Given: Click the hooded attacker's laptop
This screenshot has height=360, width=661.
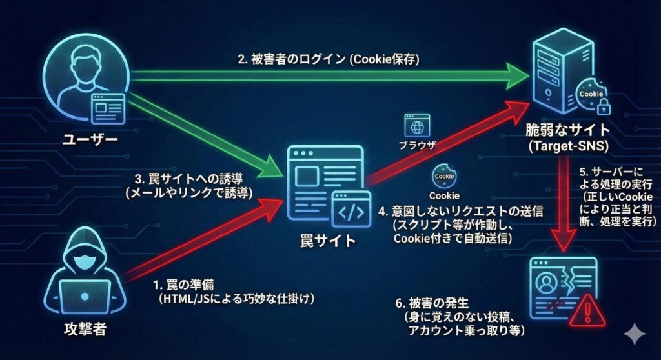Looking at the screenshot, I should (86, 295).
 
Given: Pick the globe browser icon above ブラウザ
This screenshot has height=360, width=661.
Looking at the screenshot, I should (418, 125).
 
